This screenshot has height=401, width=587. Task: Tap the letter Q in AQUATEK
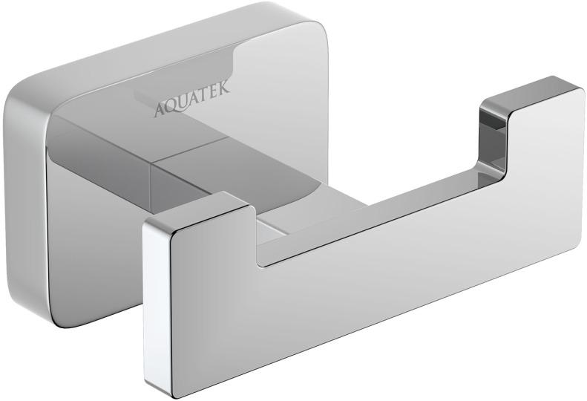click(171, 107)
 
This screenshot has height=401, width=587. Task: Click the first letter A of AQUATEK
click(159, 110)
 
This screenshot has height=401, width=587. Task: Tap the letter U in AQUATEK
click(183, 103)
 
